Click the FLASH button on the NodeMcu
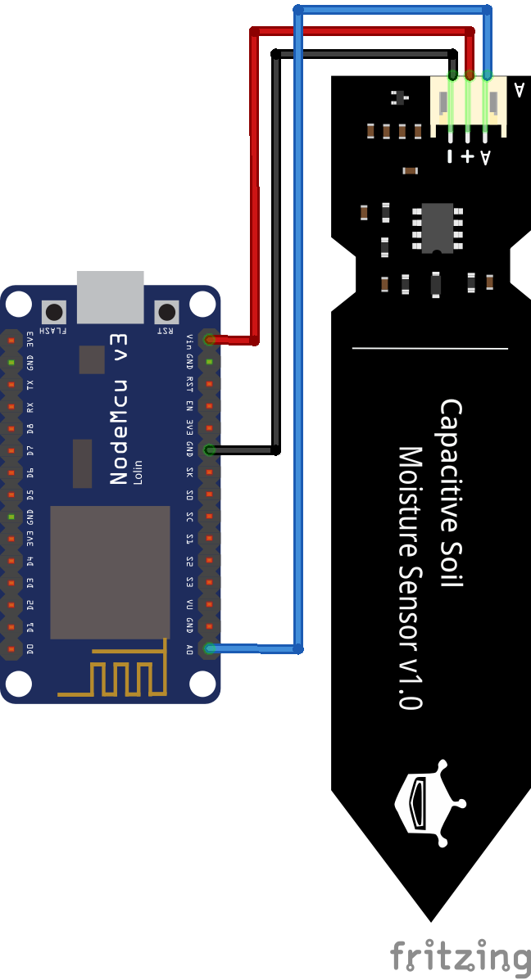click(x=55, y=312)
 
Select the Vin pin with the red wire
click(x=210, y=339)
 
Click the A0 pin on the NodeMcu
click(x=210, y=648)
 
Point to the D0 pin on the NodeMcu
click(x=11, y=648)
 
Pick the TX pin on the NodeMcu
click(x=11, y=383)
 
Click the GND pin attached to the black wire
click(x=210, y=449)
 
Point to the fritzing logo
click(x=459, y=956)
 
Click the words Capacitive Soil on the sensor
click(x=452, y=491)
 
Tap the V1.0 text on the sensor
click(x=409, y=680)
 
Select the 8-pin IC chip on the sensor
click(x=438, y=228)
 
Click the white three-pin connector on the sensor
click(x=469, y=105)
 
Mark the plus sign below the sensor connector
click(x=468, y=156)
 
